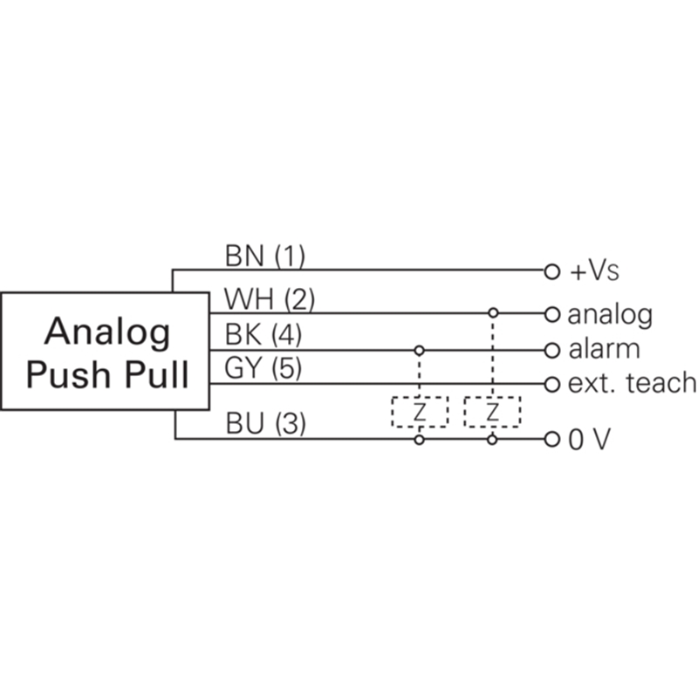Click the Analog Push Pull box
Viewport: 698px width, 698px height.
(x=105, y=351)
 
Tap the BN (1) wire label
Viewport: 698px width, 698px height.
(x=264, y=257)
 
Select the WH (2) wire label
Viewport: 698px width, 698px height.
(x=269, y=300)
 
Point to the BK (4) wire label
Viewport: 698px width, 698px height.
(x=263, y=335)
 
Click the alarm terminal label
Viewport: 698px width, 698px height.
(x=604, y=349)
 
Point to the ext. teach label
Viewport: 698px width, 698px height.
(x=632, y=382)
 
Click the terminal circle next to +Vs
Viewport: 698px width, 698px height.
(x=551, y=271)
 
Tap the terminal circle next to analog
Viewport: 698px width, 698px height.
(x=551, y=313)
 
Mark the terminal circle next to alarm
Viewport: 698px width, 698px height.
(x=551, y=350)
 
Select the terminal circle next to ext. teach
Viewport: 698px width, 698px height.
(x=551, y=383)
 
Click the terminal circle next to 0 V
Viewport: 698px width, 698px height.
(x=551, y=440)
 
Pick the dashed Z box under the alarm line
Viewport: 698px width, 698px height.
(x=420, y=412)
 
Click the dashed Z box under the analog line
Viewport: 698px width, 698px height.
(x=492, y=412)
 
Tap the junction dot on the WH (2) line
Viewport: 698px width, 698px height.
(x=493, y=312)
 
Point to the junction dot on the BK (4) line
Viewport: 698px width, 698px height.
(x=420, y=350)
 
